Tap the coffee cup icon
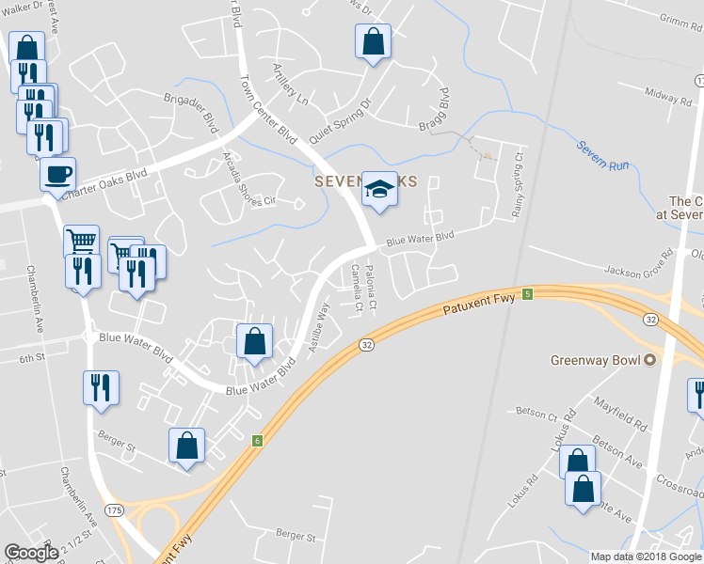pos(57,174)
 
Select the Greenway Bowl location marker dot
pos(649,360)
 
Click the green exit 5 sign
pos(528,294)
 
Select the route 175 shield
pos(113,509)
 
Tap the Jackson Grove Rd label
pos(640,265)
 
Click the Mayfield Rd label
pos(620,413)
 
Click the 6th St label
pos(32,358)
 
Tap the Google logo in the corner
pos(31,552)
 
